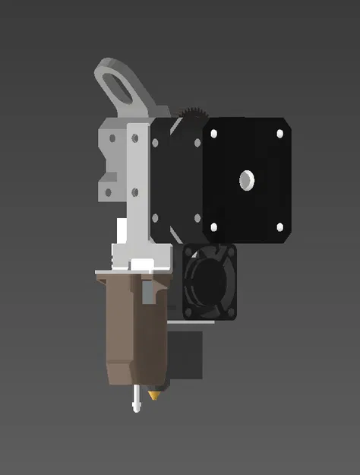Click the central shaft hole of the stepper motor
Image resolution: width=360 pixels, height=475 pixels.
248,180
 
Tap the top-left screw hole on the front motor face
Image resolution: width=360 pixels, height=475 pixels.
213,134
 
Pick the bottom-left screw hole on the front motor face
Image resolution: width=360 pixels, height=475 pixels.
213,227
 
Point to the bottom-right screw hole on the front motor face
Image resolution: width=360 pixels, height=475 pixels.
279,227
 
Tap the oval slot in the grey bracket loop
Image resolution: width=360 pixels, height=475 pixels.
121,85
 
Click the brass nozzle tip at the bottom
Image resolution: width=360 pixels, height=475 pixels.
156,394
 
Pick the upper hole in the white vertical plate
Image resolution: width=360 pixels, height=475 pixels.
135,138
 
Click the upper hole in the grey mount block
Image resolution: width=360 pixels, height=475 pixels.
112,139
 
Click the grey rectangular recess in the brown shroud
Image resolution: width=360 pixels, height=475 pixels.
147,291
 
